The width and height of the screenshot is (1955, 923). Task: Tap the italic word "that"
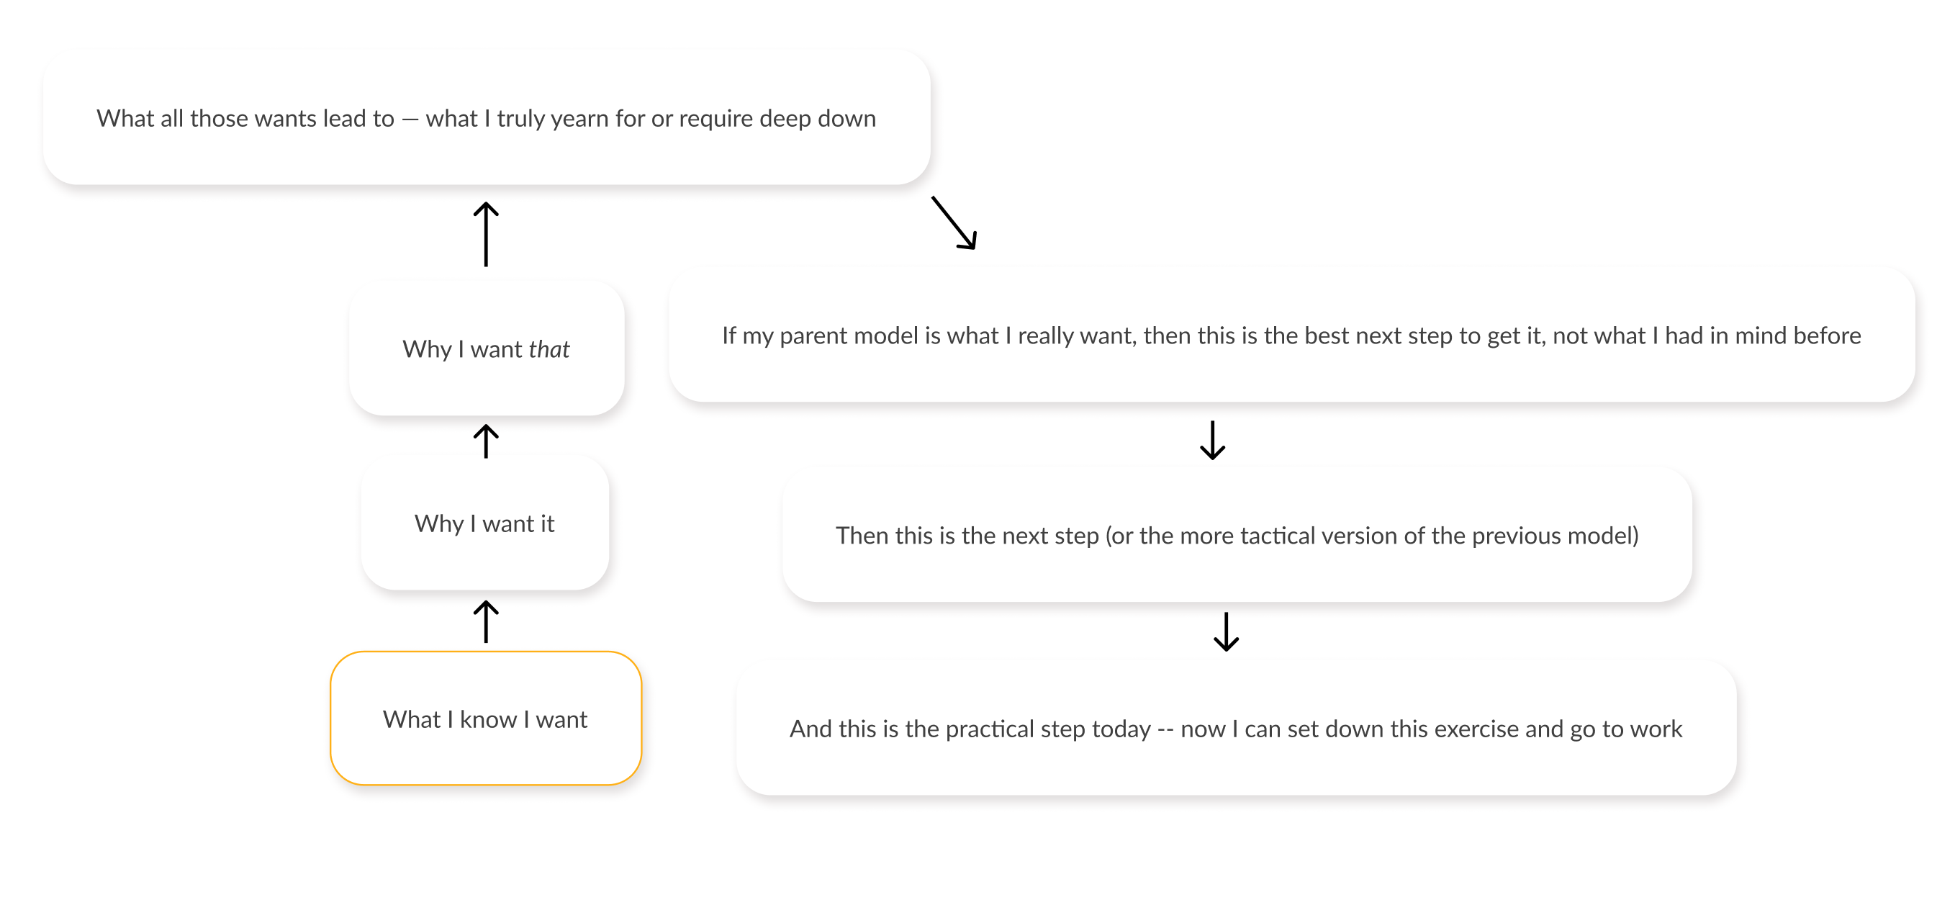548,349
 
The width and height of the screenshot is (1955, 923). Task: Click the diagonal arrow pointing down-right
954,223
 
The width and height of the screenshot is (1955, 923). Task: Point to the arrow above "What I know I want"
486,621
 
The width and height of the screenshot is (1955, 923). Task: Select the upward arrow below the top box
486,234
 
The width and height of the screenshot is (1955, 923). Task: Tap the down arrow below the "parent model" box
1212,440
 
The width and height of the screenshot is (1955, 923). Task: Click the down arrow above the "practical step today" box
1226,631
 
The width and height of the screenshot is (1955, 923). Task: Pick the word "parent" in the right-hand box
811,336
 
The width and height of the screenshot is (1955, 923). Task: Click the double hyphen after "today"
1165,729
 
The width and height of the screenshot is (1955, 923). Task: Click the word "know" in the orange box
488,719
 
